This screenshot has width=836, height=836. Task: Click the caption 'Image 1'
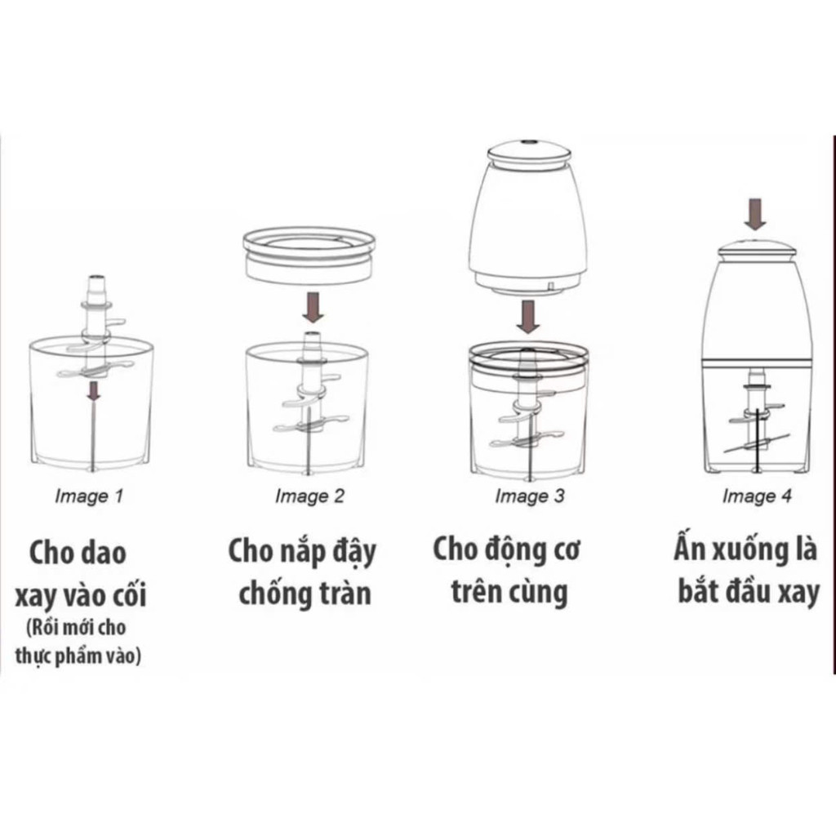click(89, 496)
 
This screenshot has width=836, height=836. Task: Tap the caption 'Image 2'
click(309, 496)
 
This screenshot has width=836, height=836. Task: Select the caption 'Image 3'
click(529, 496)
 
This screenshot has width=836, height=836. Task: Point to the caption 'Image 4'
click(757, 496)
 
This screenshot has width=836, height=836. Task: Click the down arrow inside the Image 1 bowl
click(94, 391)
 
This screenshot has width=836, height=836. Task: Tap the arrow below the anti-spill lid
click(313, 308)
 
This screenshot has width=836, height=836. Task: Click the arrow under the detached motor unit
click(528, 317)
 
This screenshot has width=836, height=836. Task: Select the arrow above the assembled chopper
click(755, 215)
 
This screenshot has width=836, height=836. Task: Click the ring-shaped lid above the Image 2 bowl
click(309, 256)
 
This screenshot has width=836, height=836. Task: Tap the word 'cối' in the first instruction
click(128, 595)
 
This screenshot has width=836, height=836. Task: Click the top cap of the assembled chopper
click(756, 249)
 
